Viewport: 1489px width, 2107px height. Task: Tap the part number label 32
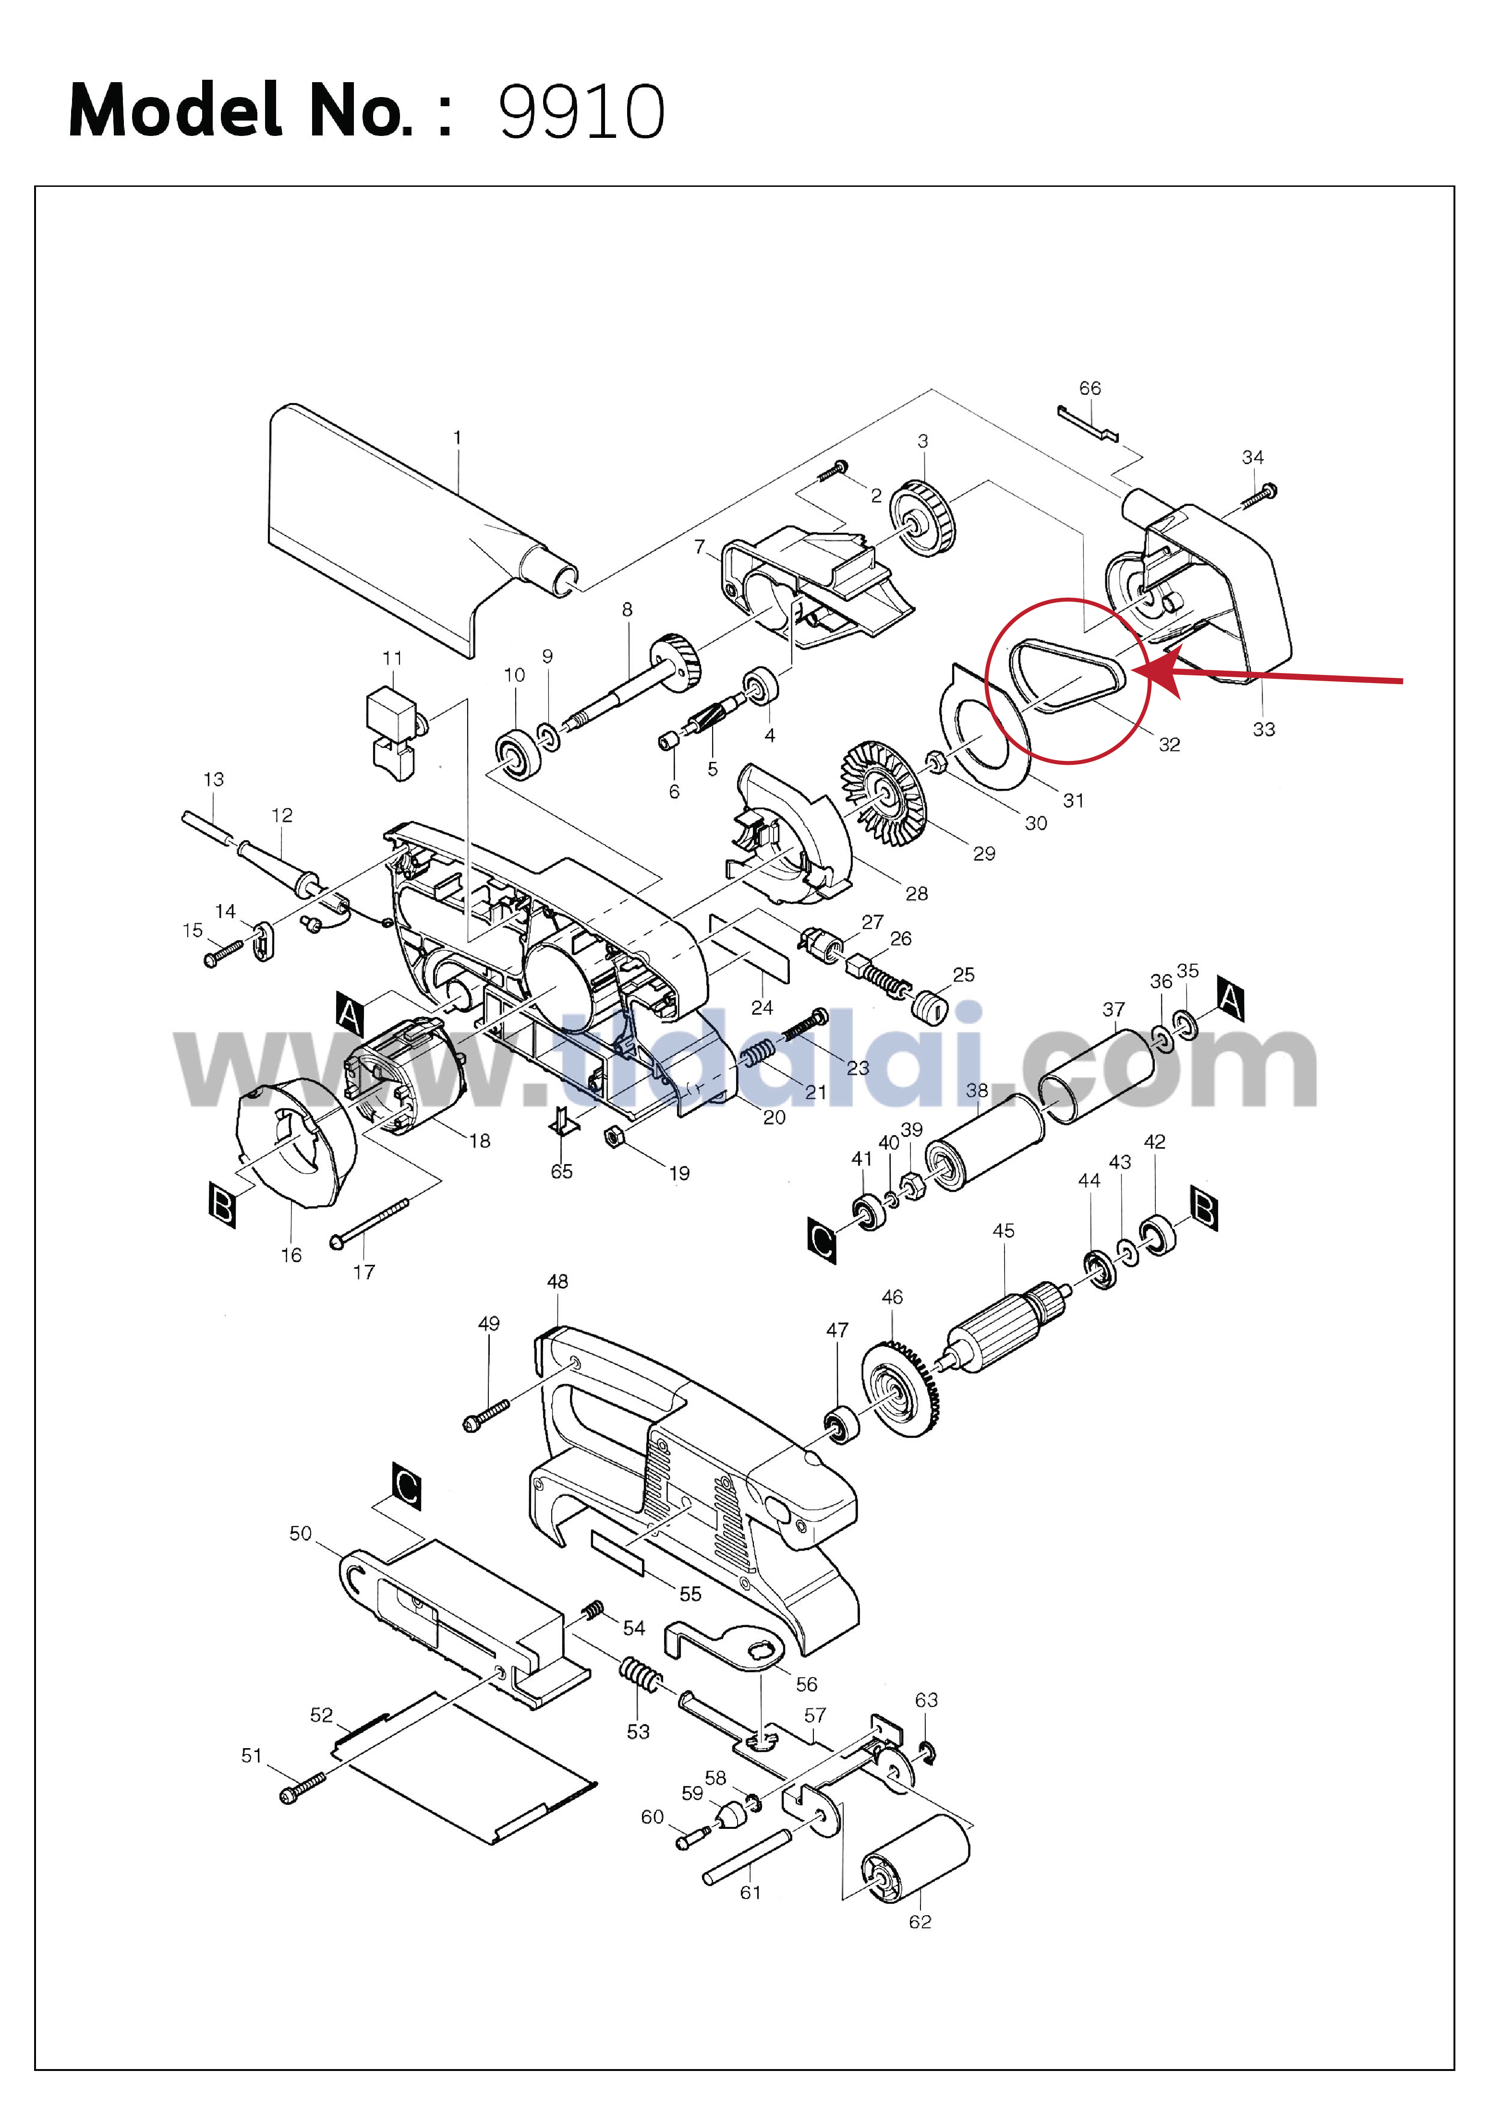[x=1169, y=744]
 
